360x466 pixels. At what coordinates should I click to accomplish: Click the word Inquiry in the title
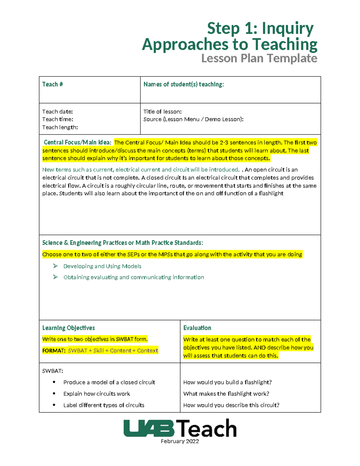coord(287,29)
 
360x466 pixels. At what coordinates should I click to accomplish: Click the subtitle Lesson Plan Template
coord(259,58)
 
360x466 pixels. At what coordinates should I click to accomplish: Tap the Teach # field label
coord(52,84)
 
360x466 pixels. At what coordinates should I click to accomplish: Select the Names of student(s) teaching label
coord(184,84)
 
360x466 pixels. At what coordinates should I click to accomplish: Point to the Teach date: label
coord(57,112)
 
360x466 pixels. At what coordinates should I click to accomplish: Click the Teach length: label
coord(60,127)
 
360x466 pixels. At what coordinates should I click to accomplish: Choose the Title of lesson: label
coord(162,112)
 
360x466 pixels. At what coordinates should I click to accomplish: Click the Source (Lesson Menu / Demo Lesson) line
coord(193,119)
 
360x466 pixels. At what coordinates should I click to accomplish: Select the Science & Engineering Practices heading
coord(122,243)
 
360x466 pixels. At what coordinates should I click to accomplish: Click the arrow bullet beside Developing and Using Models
coord(55,266)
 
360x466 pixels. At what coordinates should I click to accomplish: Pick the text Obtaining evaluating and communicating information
coord(133,277)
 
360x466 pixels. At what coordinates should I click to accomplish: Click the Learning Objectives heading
coord(68,328)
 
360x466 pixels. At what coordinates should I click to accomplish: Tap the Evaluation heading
coord(197,328)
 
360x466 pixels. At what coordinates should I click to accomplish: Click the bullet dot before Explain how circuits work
coord(54,393)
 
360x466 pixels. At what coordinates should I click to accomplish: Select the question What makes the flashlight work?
coord(226,394)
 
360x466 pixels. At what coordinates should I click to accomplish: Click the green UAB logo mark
coord(149,428)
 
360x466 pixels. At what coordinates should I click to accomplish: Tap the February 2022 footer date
coord(180,441)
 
